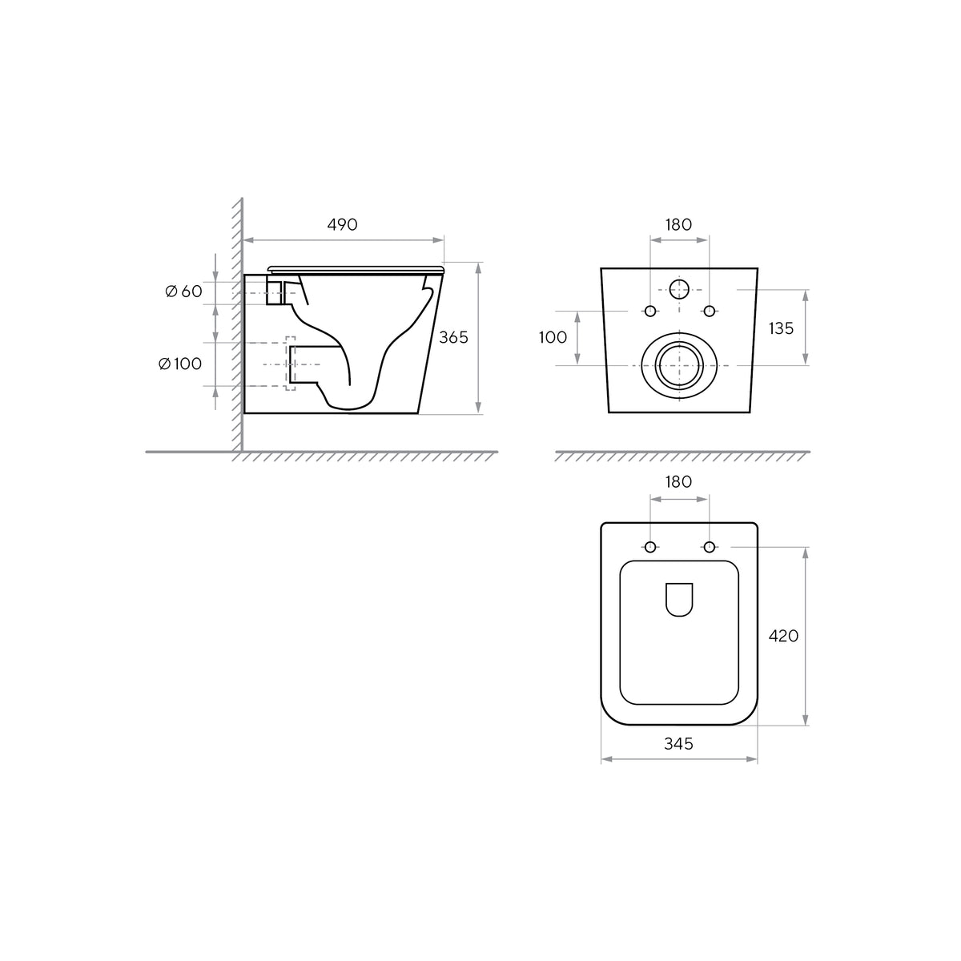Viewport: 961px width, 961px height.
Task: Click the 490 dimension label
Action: (342, 224)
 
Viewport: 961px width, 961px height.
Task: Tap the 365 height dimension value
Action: (453, 338)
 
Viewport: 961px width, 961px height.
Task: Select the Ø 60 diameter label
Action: (183, 292)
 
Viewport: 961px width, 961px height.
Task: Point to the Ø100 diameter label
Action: (180, 364)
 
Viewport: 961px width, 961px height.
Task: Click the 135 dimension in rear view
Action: (781, 328)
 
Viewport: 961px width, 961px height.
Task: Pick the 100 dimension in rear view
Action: (553, 338)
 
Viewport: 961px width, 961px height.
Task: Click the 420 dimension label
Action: (783, 636)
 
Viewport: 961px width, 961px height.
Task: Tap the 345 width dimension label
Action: (679, 743)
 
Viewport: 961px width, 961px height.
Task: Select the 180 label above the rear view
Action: (679, 224)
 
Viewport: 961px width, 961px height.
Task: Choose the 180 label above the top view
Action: (679, 482)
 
